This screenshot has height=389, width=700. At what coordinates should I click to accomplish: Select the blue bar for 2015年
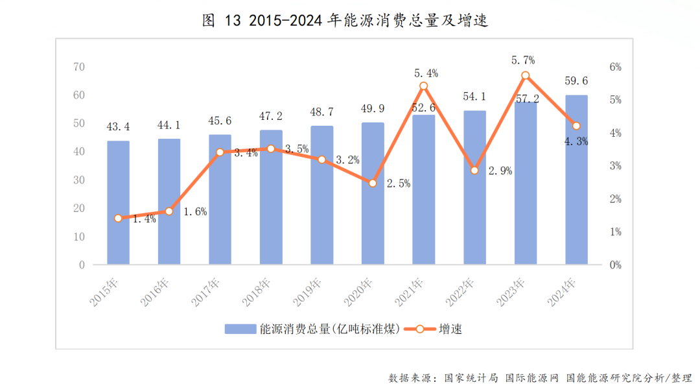118,202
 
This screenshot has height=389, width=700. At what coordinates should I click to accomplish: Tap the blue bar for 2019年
321,194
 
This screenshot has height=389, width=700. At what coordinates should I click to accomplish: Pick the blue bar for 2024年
576,180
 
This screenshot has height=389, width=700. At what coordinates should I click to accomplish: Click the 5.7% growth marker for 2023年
526,76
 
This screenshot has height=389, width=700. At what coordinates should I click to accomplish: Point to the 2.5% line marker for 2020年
373,183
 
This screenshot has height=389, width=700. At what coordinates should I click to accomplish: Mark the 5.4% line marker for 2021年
423,86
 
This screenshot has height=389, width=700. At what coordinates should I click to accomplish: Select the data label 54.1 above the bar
474,97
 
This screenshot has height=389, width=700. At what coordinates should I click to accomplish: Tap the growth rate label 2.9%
499,172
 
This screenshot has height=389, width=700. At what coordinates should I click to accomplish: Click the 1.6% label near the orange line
194,212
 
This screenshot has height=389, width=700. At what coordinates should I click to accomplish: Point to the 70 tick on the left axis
79,67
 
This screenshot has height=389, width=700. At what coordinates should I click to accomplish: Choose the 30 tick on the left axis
79,180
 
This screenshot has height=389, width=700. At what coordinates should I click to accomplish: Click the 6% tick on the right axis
615,67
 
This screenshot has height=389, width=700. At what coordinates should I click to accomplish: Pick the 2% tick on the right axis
615,199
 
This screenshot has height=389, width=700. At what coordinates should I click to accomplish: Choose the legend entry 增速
434,329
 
